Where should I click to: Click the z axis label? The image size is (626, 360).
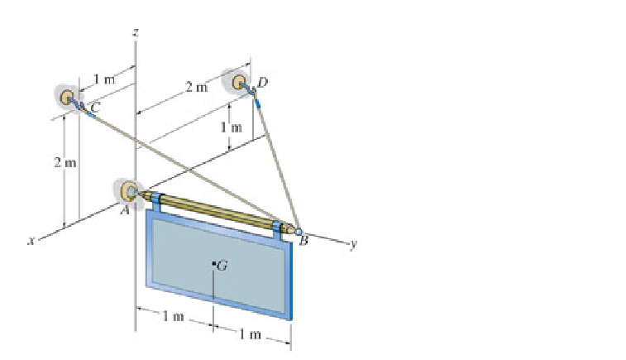click(x=135, y=31)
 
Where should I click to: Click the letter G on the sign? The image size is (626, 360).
click(x=221, y=266)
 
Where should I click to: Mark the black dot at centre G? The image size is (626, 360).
click(x=213, y=265)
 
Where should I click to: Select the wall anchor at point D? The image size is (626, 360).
click(x=241, y=82)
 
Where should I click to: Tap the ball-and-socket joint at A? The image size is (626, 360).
click(x=130, y=192)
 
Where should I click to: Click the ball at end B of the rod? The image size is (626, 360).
click(x=298, y=230)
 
